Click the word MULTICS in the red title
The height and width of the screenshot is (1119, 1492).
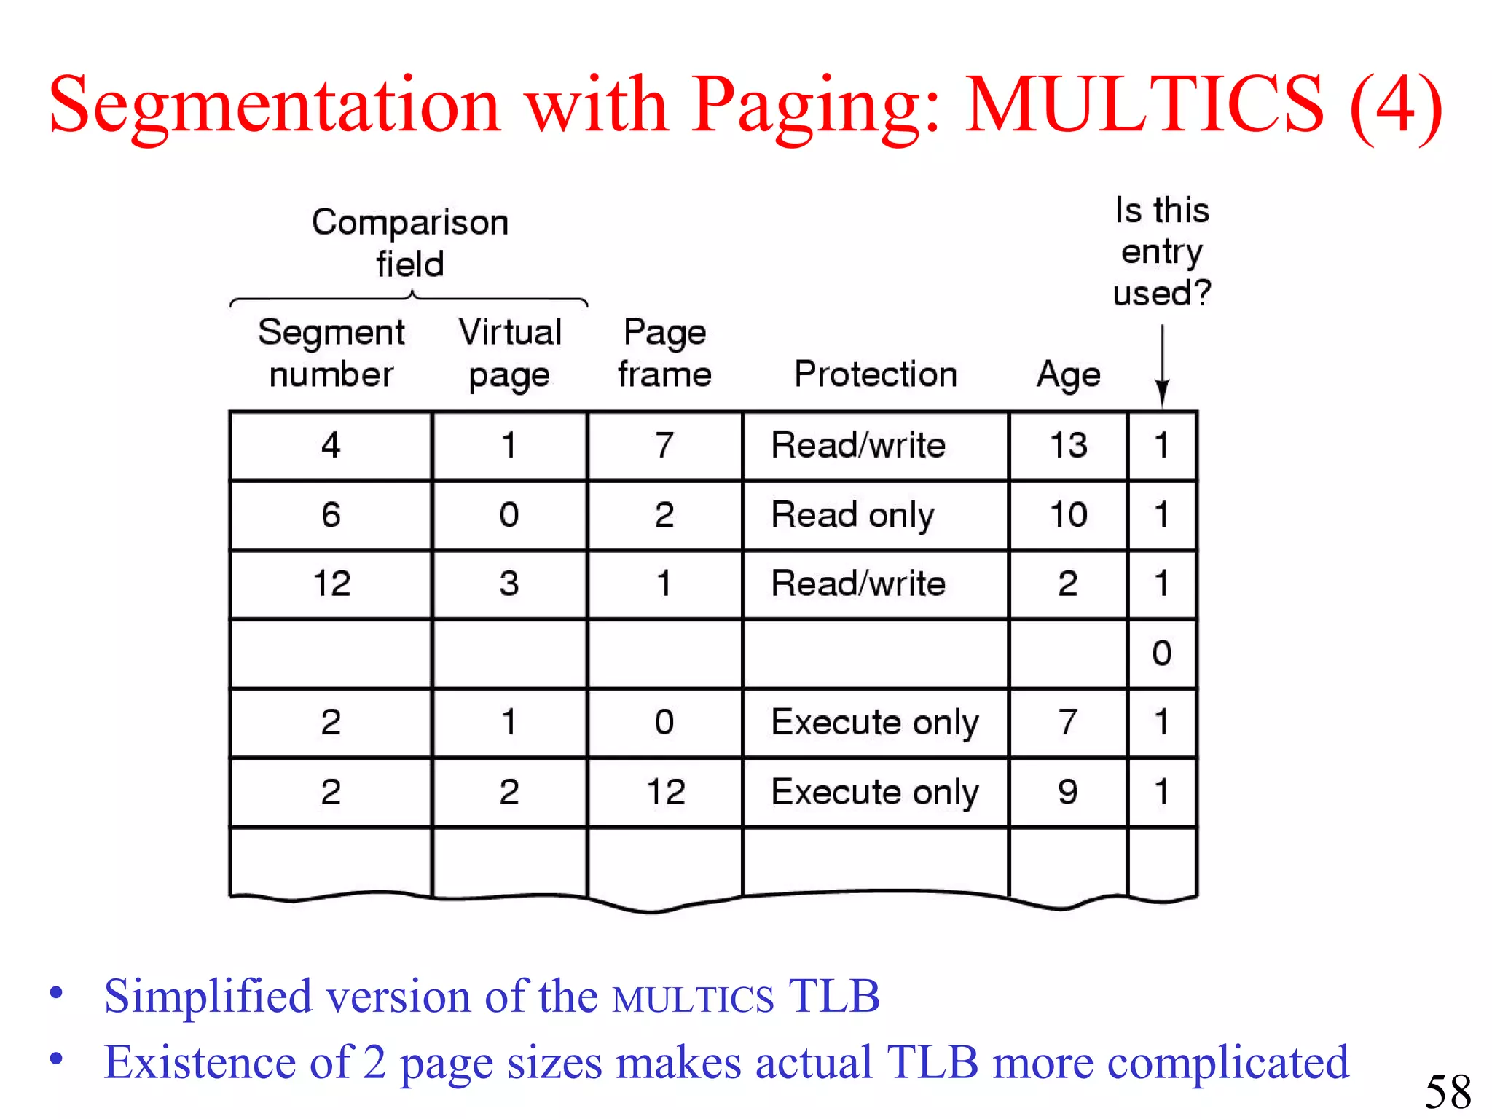[x=1144, y=106]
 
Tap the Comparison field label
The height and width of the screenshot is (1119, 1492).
[x=409, y=243]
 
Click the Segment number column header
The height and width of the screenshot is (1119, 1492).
[x=331, y=353]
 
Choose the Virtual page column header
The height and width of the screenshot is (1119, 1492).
[x=510, y=353]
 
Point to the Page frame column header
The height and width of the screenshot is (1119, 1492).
[x=664, y=353]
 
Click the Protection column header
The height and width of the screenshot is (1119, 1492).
[x=875, y=374]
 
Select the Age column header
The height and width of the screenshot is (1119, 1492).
[x=1068, y=374]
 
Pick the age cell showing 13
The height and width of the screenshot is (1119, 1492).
[x=1068, y=445]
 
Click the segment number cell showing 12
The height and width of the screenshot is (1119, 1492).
[x=331, y=584]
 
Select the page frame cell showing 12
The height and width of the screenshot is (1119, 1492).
[x=665, y=792]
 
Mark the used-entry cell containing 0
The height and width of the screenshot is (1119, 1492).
[x=1162, y=653]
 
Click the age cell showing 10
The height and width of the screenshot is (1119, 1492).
[x=1068, y=515]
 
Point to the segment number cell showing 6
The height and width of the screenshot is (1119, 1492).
[x=331, y=515]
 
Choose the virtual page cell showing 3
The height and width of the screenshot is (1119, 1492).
[x=509, y=584]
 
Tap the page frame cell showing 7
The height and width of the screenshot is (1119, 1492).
[x=664, y=445]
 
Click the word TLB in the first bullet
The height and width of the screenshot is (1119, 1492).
[x=834, y=997]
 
